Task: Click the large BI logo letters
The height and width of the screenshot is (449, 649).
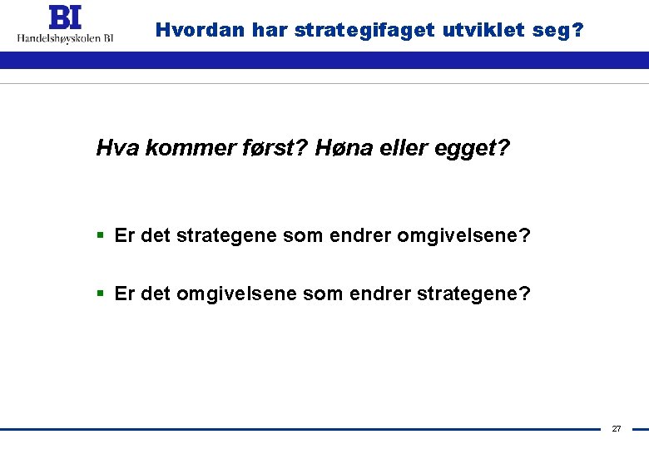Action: [65, 17]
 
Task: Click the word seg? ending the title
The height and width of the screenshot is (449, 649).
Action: [562, 31]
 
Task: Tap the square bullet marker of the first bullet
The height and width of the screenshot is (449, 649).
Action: [101, 236]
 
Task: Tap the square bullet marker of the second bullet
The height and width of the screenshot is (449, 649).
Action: [101, 294]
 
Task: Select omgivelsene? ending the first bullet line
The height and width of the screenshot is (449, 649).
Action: [463, 236]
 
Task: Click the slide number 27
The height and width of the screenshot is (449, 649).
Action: [617, 429]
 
